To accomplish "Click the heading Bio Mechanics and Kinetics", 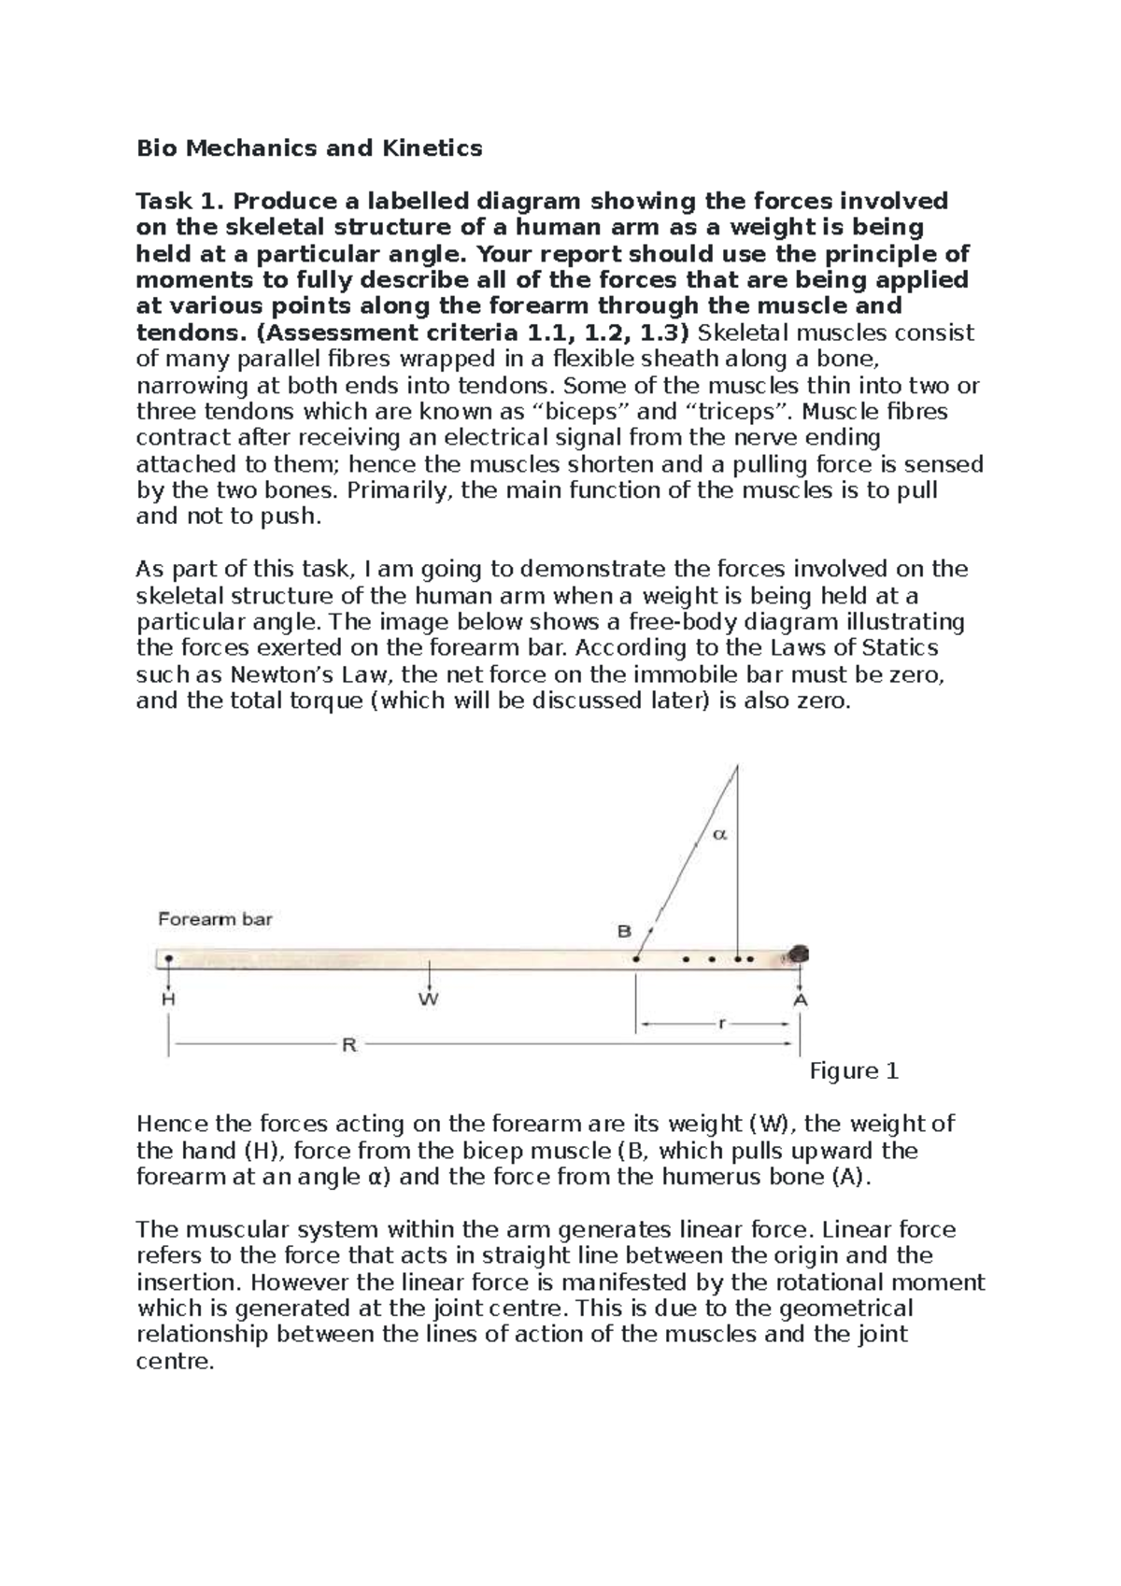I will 309,148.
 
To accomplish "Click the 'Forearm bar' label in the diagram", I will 215,919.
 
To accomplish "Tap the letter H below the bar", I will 168,999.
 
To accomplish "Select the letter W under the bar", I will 428,1000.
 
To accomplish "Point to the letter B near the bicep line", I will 624,931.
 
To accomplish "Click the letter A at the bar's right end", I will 801,999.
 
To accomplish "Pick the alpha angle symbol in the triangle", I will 719,834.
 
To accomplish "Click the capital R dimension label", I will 349,1045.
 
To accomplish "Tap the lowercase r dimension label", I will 721,1024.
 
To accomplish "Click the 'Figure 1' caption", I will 854,1071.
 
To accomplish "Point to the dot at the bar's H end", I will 168,957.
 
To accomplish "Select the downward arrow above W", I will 428,976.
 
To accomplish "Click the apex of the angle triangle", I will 737,766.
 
